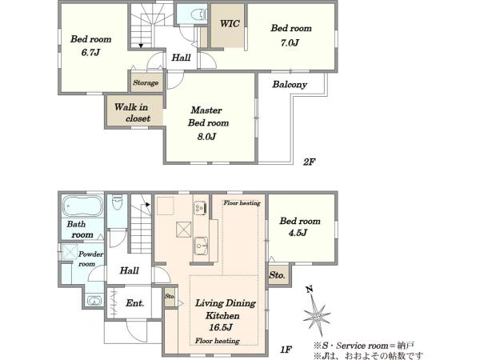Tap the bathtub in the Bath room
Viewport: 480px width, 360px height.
(x=82, y=206)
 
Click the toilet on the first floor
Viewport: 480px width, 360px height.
(x=117, y=202)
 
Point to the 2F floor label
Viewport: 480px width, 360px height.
(x=309, y=162)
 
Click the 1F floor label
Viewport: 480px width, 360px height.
(x=286, y=350)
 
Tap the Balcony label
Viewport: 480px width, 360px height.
(x=290, y=85)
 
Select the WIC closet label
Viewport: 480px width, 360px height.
(x=230, y=23)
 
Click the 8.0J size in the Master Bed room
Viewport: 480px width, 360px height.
(x=207, y=136)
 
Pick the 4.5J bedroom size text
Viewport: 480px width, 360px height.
(x=298, y=233)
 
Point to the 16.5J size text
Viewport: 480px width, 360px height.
(x=221, y=327)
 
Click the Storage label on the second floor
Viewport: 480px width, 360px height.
(x=146, y=82)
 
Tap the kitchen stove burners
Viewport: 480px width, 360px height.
(x=200, y=208)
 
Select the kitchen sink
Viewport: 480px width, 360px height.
(x=201, y=246)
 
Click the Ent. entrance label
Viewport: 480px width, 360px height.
(x=134, y=303)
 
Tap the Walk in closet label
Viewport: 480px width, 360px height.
(x=133, y=113)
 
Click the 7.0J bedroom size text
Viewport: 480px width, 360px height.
(x=290, y=42)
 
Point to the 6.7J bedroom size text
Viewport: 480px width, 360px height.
(x=90, y=52)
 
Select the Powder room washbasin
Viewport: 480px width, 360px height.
(x=94, y=300)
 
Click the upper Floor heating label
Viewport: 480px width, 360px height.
(x=242, y=202)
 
